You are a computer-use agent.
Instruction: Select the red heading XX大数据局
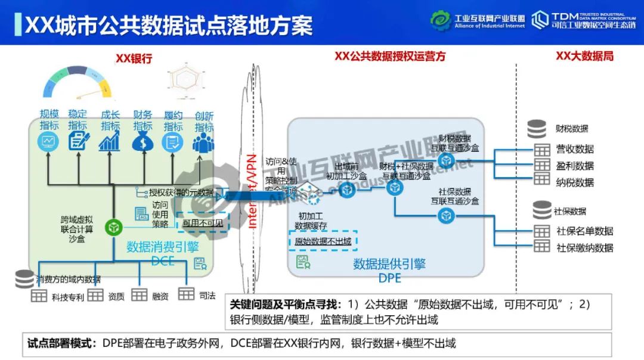coord(584,57)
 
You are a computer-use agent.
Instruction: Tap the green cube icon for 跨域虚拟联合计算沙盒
coord(113,226)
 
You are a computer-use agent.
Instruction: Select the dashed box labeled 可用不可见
coord(203,224)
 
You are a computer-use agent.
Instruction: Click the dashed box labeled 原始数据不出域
coord(323,241)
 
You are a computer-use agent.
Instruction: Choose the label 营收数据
coord(575,149)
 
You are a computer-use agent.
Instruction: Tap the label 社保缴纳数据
coord(584,247)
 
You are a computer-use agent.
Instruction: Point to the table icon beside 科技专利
coord(39,295)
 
